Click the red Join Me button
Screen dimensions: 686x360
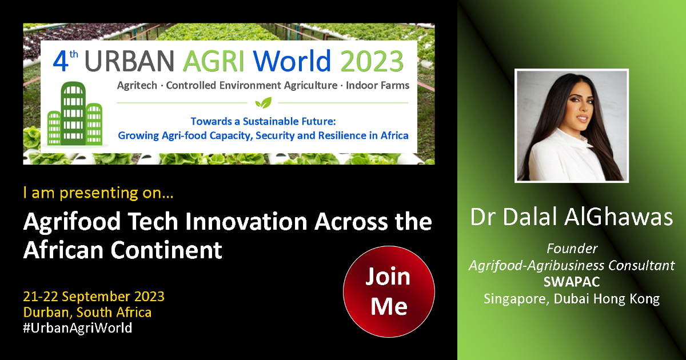point(389,291)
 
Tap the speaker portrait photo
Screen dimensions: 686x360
point(572,126)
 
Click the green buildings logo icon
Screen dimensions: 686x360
point(75,114)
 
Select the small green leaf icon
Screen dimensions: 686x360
point(263,103)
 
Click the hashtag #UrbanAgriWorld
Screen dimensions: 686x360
point(78,328)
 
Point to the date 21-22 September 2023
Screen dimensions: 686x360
point(94,297)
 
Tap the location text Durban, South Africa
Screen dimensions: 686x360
point(87,313)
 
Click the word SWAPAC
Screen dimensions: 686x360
point(572,282)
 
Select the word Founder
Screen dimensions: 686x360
point(572,249)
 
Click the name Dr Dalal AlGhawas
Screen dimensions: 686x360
point(572,217)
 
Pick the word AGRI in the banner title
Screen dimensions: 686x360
point(213,61)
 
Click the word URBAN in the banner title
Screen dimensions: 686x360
point(129,61)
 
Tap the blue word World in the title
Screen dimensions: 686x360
point(292,61)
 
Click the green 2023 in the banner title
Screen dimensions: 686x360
point(372,61)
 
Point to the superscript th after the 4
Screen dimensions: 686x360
point(74,54)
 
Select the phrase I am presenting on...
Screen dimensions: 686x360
point(98,193)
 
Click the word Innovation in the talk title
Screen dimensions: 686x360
point(246,221)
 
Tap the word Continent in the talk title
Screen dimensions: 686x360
point(166,250)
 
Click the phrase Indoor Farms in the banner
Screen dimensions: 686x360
point(378,85)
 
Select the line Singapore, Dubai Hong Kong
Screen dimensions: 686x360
point(572,299)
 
